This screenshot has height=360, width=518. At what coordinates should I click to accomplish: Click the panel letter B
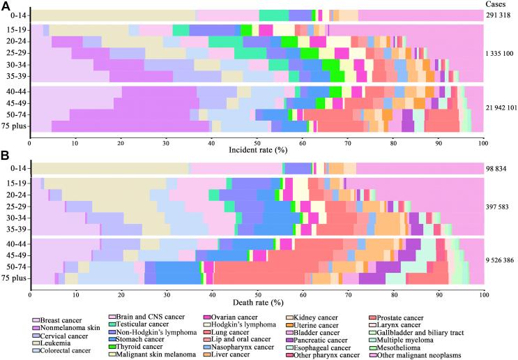(x=6, y=157)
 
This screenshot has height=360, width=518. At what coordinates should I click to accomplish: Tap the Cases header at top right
(x=500, y=5)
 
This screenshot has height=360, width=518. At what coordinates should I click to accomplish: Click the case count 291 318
(x=501, y=15)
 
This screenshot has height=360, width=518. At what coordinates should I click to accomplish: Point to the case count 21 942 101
(x=501, y=108)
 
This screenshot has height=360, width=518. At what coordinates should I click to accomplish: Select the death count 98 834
(x=501, y=168)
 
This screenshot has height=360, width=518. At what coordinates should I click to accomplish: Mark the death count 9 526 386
(x=501, y=260)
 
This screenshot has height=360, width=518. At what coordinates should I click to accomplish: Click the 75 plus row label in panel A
(x=14, y=126)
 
